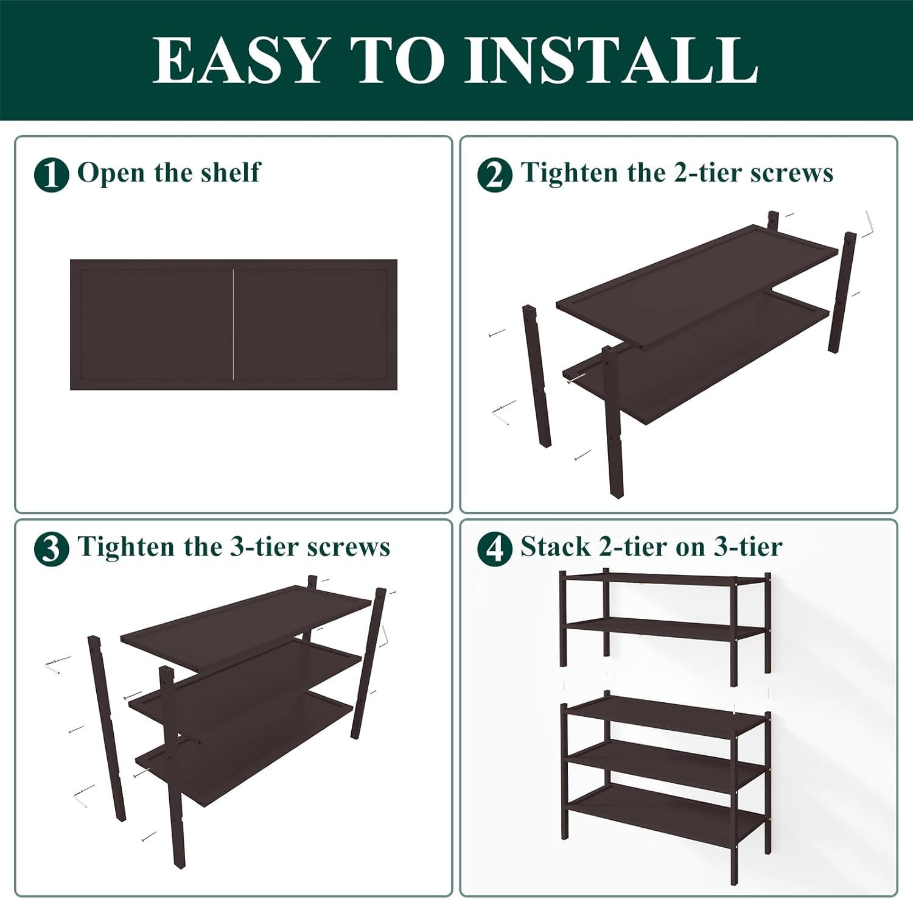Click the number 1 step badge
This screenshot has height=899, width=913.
pos(51,175)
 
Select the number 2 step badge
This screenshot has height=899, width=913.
pos(494,175)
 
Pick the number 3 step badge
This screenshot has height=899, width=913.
pos(51,549)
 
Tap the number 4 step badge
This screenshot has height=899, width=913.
pos(494,549)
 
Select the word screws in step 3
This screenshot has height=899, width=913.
pos(348,547)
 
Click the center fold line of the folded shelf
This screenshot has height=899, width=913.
pos(234,325)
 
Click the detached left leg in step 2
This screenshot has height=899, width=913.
pos(537,377)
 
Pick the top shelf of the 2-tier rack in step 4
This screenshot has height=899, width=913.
pos(663,582)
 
